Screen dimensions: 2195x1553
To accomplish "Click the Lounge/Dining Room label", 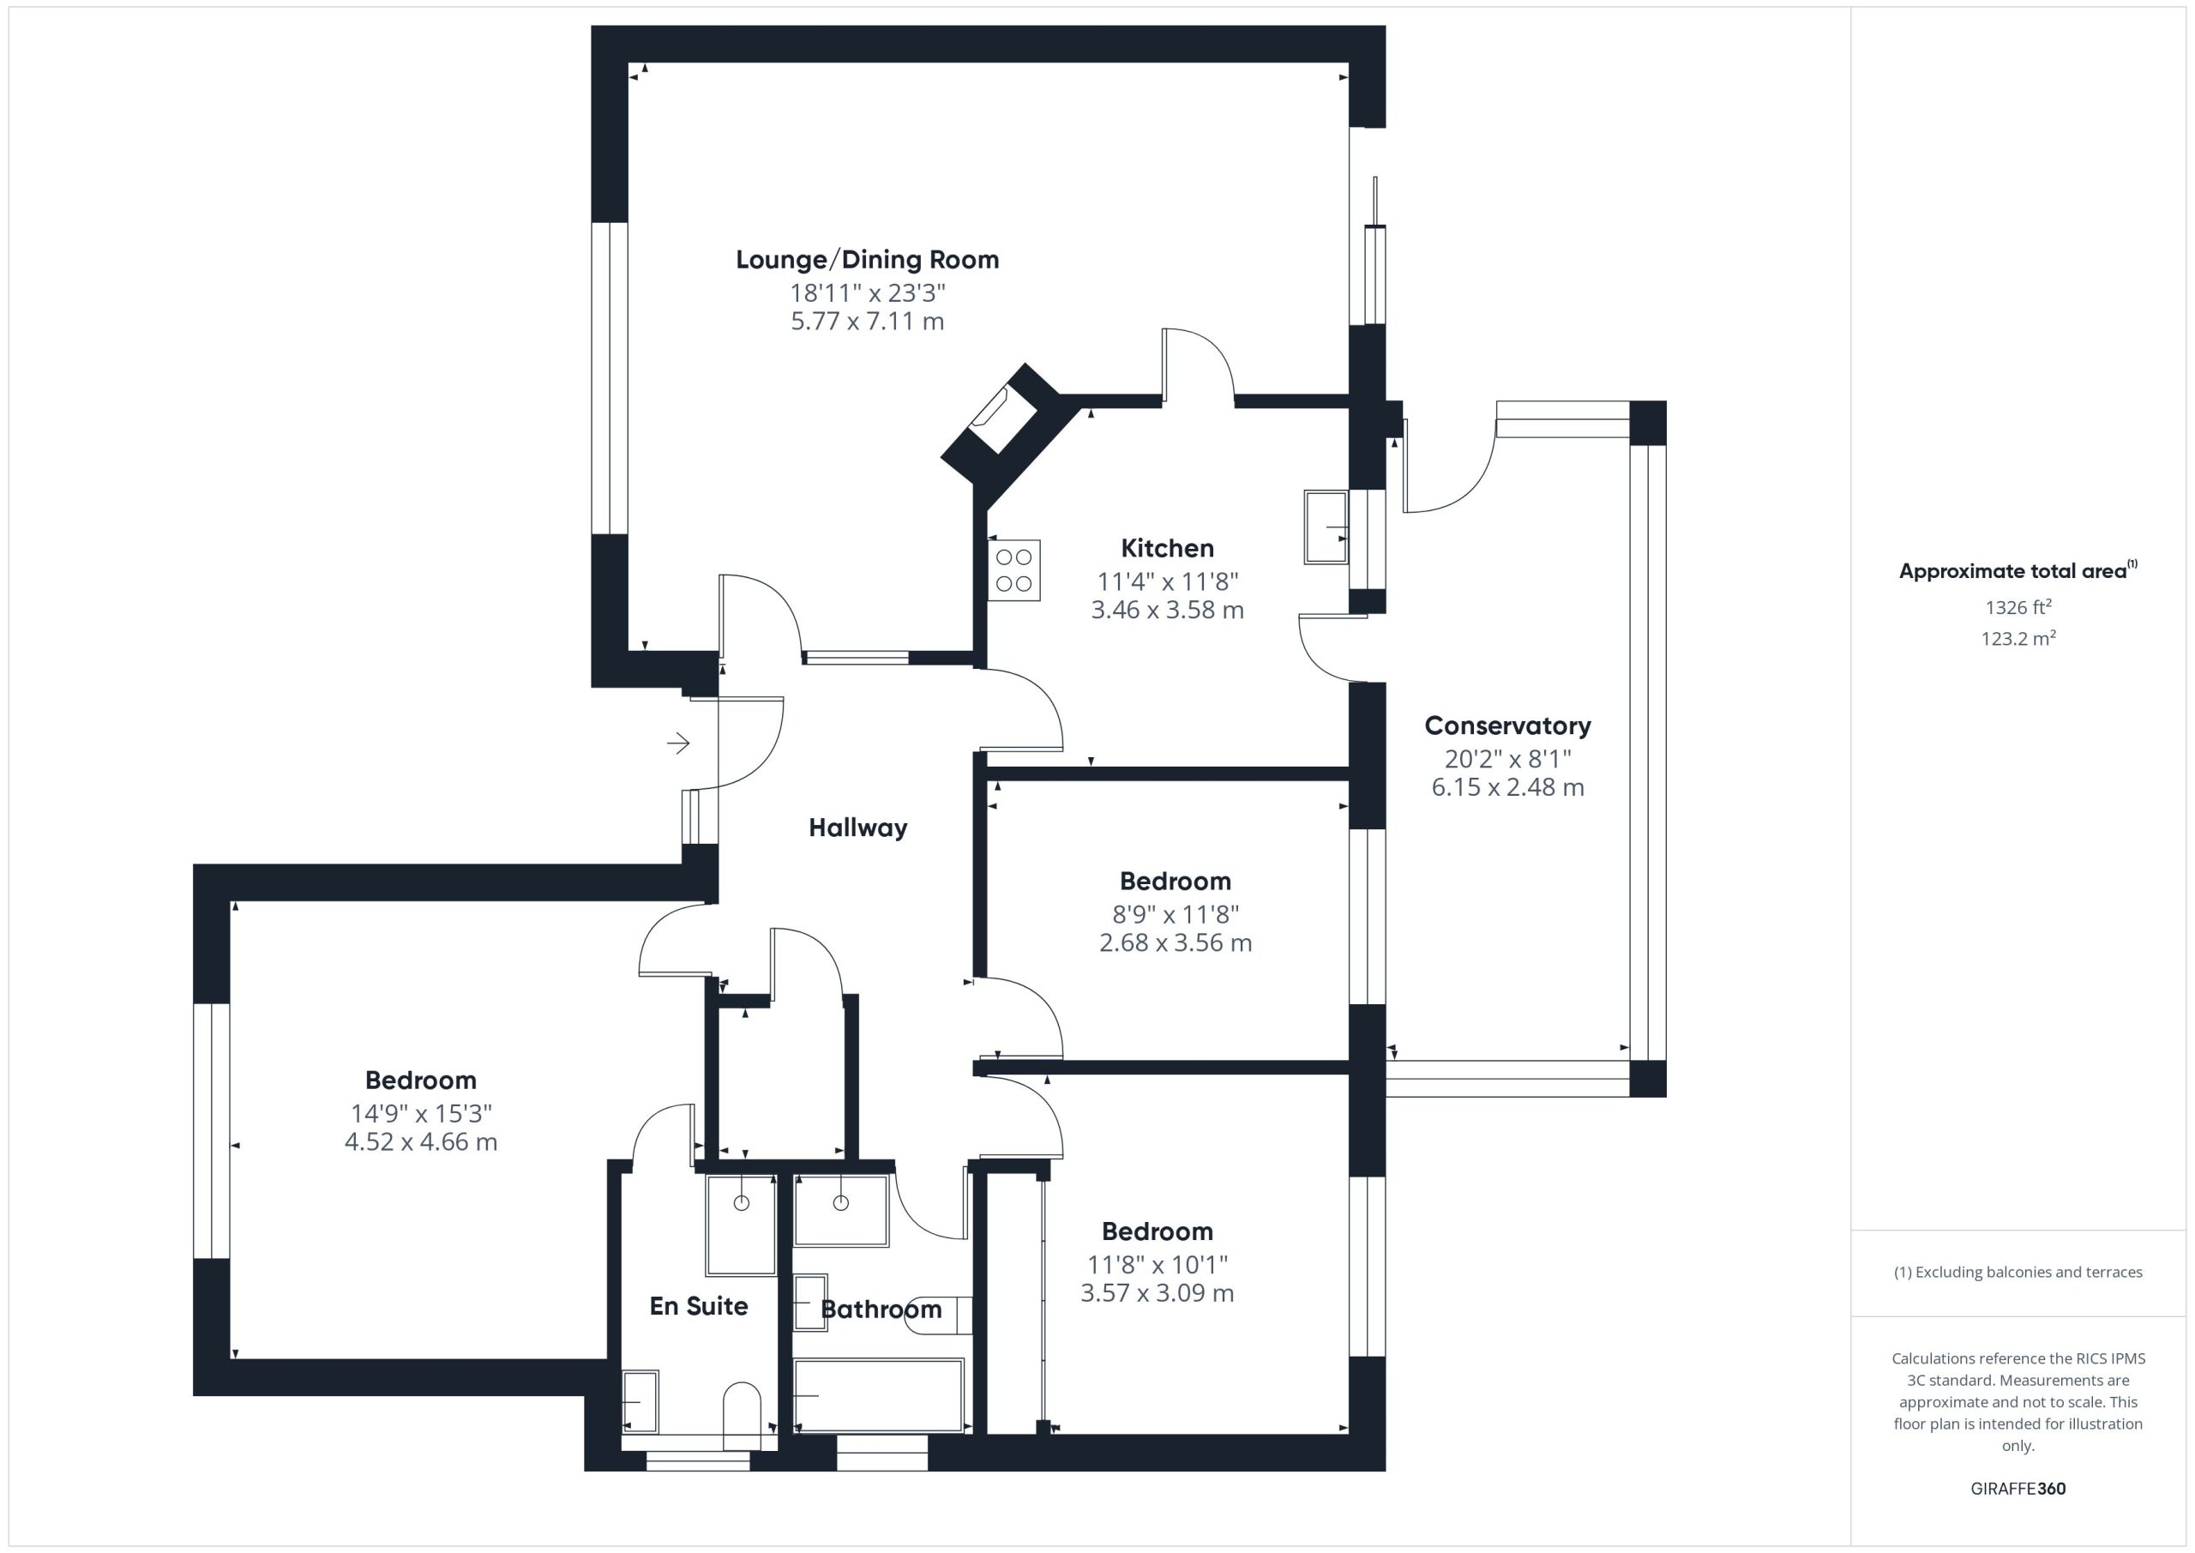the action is click(x=867, y=260).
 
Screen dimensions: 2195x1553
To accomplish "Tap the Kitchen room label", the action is click(x=1167, y=548).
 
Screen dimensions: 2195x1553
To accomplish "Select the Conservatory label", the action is click(x=1507, y=725).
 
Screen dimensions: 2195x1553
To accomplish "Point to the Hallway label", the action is click(x=857, y=828).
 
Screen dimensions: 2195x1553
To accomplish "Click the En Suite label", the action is click(x=698, y=1306).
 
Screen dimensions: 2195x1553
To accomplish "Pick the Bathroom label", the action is click(x=881, y=1309).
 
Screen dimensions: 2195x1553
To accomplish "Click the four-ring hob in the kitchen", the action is click(x=1014, y=571).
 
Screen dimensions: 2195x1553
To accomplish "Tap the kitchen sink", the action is click(x=1326, y=527).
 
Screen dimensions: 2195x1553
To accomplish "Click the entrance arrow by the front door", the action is click(x=679, y=743).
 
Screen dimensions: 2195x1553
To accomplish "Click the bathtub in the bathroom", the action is click(x=879, y=1395).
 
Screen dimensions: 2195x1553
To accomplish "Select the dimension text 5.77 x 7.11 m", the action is click(x=867, y=322).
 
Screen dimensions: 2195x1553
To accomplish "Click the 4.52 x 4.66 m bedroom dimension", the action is click(x=421, y=1141).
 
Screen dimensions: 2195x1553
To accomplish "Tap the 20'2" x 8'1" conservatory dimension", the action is click(x=1507, y=759).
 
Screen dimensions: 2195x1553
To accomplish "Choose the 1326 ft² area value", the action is click(x=2018, y=607).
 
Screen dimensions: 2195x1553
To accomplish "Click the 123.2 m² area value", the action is click(x=2018, y=638).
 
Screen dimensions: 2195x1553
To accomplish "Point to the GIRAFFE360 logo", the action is click(x=2018, y=1489).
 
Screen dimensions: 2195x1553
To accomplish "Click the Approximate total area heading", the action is click(x=2018, y=571).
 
